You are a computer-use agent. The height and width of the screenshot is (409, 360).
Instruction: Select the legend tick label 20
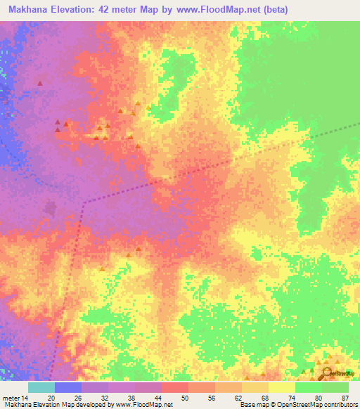click(x=51, y=398)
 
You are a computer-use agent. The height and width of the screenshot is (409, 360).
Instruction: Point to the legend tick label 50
click(x=185, y=398)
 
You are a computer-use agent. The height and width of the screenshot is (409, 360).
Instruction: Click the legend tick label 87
click(x=345, y=398)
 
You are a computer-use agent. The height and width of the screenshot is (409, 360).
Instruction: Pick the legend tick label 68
click(x=264, y=398)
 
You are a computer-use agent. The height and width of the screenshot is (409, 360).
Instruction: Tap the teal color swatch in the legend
click(x=41, y=387)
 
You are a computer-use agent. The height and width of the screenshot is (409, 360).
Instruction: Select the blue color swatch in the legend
click(x=68, y=387)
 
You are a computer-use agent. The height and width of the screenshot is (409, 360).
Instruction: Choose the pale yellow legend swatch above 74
click(x=281, y=387)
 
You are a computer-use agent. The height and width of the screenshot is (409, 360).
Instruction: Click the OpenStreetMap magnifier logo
click(x=327, y=373)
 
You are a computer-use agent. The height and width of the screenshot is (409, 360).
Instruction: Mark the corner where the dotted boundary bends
click(x=84, y=202)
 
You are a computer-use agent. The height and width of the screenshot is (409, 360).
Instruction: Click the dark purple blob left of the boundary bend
click(x=51, y=208)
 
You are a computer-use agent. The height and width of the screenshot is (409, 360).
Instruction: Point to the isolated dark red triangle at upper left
click(x=39, y=84)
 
